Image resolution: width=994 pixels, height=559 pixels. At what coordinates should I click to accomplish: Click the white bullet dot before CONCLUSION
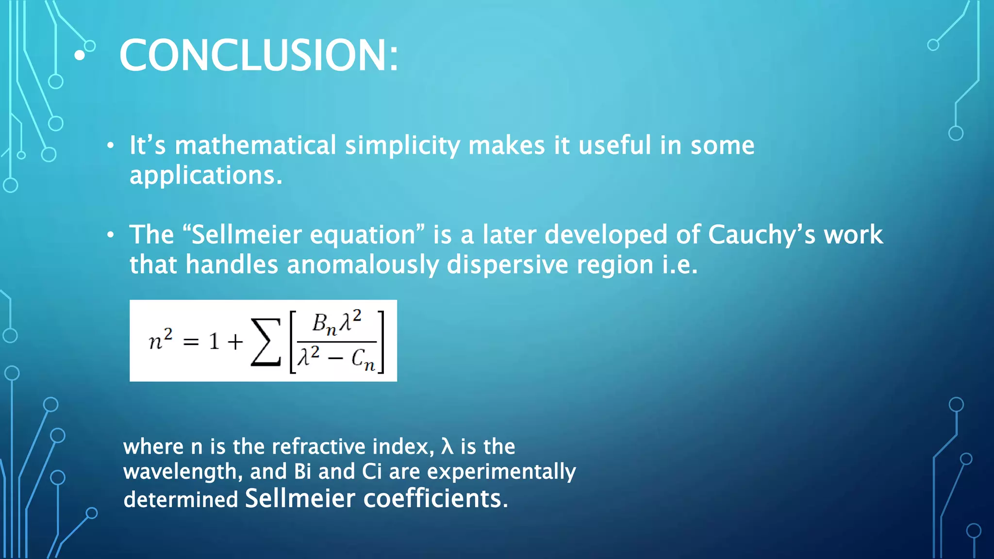pos(80,55)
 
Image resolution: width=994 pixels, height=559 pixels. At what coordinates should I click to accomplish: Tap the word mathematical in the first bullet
pos(255,145)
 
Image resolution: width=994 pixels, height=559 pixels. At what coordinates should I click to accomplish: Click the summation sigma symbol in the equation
pos(265,342)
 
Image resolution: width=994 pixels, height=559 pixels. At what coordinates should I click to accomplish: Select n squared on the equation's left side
pos(160,340)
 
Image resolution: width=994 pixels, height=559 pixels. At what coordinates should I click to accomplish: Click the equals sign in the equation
pos(191,342)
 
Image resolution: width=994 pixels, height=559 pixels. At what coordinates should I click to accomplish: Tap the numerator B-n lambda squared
pos(336,322)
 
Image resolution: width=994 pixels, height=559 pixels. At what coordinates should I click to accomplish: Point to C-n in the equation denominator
pos(363,360)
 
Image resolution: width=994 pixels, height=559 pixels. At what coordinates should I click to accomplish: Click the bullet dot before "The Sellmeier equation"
pos(111,235)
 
